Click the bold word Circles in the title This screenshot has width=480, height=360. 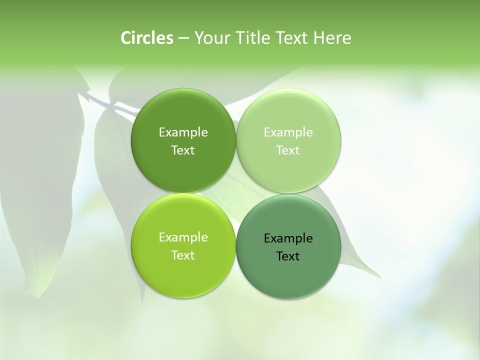[x=147, y=38]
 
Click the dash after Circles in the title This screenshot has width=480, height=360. [x=183, y=38]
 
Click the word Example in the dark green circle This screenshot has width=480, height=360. [x=183, y=132]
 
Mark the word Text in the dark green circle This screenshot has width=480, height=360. [x=183, y=150]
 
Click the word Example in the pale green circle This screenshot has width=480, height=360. [x=288, y=132]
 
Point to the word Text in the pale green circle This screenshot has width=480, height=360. [x=288, y=150]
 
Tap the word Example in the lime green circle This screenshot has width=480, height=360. [x=183, y=237]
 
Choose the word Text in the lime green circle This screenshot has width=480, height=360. [x=183, y=255]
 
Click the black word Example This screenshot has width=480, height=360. [x=288, y=238]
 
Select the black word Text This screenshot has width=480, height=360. [x=288, y=256]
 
